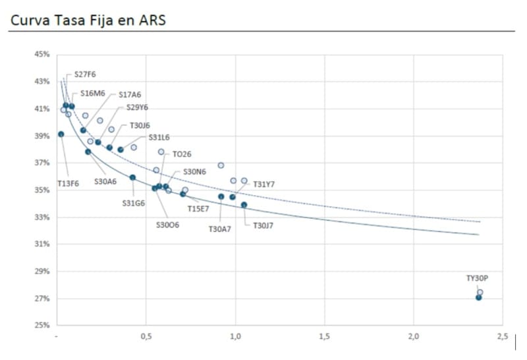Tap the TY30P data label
click(x=477, y=278)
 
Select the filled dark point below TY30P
click(x=479, y=297)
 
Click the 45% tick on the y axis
click(x=42, y=55)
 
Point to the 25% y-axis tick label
click(x=42, y=326)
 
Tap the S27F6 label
click(x=85, y=75)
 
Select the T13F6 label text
click(x=68, y=184)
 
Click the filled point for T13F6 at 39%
click(x=61, y=134)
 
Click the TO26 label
click(x=182, y=154)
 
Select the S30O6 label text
click(x=167, y=225)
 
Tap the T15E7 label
click(x=198, y=208)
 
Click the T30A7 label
click(x=220, y=229)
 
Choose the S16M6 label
click(x=88, y=94)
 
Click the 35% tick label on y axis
click(x=42, y=190)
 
